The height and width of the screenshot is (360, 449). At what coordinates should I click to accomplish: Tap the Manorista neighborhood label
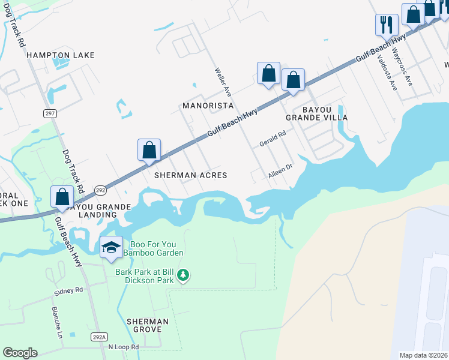(207, 106)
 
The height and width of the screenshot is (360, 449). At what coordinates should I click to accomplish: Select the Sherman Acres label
(191, 175)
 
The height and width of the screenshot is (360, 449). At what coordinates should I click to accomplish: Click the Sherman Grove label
(148, 325)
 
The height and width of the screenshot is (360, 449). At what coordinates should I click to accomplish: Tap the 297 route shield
(50, 113)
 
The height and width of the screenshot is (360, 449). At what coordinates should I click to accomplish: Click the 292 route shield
(100, 190)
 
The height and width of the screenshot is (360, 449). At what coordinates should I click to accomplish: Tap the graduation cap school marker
(111, 247)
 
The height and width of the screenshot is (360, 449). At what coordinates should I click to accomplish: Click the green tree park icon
(183, 276)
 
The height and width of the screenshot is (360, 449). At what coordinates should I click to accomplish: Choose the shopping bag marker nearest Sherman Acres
(149, 150)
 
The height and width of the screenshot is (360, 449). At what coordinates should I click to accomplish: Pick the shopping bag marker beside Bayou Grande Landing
(62, 196)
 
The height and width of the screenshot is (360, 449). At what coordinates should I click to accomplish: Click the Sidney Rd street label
(68, 291)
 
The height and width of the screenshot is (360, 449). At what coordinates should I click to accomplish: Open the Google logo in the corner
(20, 353)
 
